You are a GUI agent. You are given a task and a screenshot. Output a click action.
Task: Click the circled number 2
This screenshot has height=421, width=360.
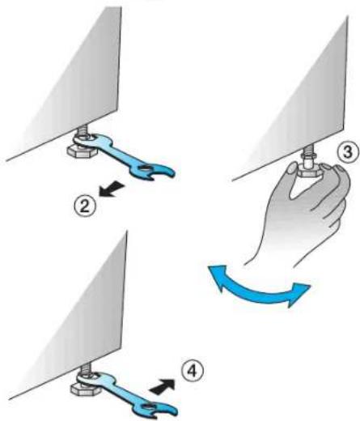(85, 206)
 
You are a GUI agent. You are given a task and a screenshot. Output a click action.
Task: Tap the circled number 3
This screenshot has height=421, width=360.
(348, 152)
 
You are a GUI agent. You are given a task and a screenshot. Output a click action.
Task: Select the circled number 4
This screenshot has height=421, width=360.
(192, 372)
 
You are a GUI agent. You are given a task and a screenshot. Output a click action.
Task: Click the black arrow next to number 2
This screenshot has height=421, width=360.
(112, 189)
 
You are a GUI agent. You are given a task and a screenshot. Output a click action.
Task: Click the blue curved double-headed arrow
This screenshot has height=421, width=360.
(257, 290)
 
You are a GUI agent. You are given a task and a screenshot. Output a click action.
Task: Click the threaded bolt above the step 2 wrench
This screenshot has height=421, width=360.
(81, 129)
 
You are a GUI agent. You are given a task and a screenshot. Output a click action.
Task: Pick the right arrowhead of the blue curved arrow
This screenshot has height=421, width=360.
(298, 294)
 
